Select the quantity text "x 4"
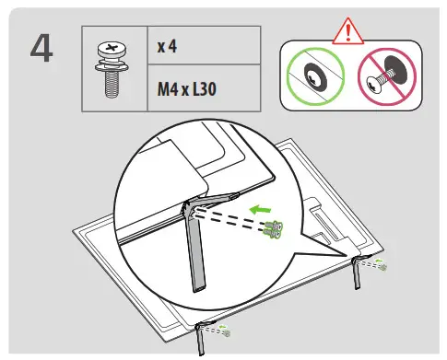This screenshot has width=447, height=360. pyautogui.click(x=169, y=45)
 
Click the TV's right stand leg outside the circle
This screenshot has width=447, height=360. pyautogui.click(x=356, y=270)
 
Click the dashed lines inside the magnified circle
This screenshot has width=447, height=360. pyautogui.click(x=235, y=222)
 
